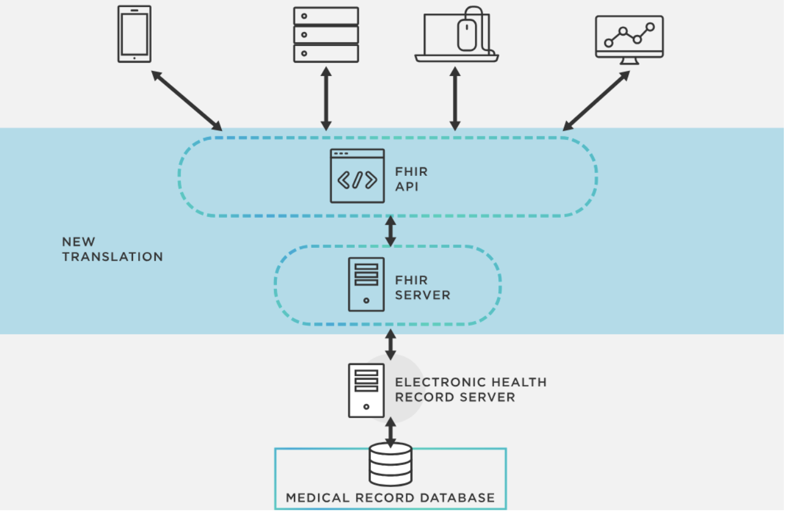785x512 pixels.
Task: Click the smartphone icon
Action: [135, 34]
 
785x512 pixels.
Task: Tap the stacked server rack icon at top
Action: [326, 35]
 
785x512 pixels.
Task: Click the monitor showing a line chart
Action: [629, 38]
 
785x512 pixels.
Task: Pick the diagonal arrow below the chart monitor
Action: [596, 100]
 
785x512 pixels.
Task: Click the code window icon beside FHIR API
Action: [357, 176]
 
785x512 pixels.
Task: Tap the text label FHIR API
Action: [411, 179]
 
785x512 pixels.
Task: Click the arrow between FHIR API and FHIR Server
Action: [391, 231]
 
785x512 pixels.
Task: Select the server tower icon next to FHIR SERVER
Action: [366, 284]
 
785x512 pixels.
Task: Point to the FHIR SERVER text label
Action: [422, 288]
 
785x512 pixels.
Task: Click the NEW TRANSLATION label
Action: [112, 249]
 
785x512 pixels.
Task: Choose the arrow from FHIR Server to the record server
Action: [391, 344]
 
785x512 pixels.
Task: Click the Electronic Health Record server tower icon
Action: [366, 390]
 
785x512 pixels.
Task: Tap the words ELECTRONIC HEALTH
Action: [470, 382]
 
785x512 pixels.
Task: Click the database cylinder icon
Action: [391, 464]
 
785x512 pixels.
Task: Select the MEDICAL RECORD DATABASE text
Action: [390, 498]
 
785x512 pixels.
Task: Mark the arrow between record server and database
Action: [391, 432]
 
